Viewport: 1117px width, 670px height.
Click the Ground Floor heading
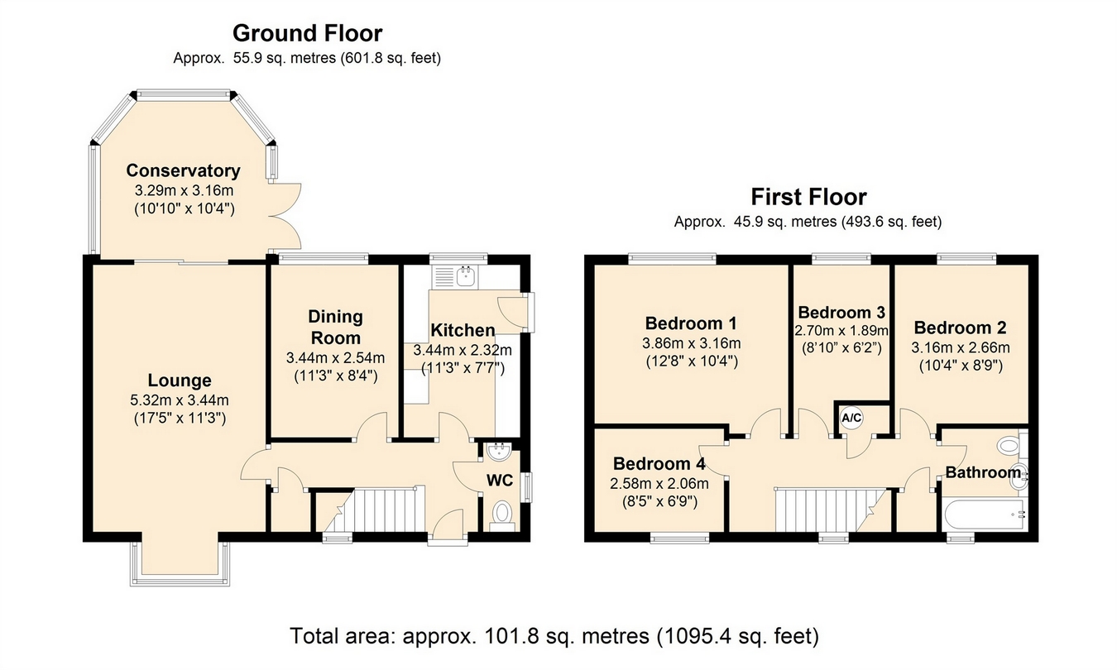tap(308, 34)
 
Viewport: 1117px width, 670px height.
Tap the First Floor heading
tap(809, 197)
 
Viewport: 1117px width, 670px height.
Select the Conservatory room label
tap(184, 170)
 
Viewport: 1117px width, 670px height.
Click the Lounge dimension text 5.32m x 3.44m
tap(180, 400)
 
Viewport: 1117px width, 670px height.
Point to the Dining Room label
tap(336, 327)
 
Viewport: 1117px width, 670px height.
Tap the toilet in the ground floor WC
tap(501, 515)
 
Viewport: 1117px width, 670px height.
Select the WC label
tap(500, 480)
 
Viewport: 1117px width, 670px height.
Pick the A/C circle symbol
tap(851, 418)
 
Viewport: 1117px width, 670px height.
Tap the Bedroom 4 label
tap(659, 463)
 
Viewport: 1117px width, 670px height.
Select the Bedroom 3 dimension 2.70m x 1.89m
tap(841, 330)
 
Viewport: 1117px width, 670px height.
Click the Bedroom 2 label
tap(960, 328)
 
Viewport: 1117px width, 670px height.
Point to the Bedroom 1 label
tap(691, 323)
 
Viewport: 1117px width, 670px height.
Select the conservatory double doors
tap(285, 217)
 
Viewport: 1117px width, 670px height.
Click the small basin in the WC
tap(497, 452)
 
